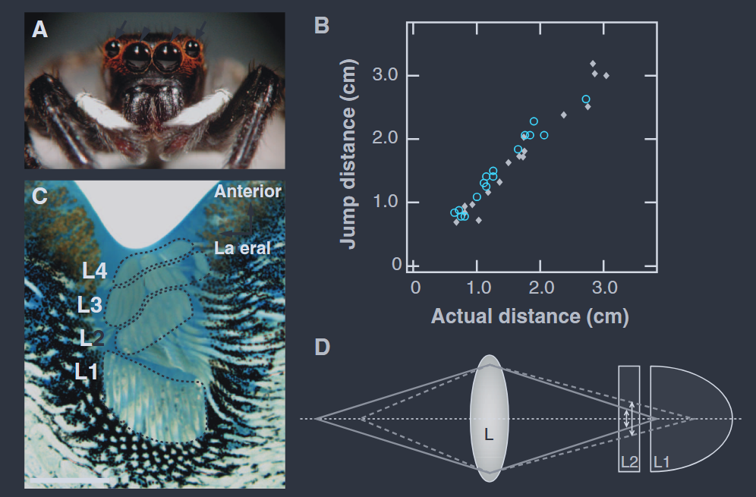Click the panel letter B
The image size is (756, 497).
tap(322, 25)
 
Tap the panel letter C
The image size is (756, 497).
tap(39, 196)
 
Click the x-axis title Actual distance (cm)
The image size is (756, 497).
tap(529, 316)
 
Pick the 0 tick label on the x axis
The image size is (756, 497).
tap(415, 288)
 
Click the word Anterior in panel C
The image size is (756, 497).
tap(247, 192)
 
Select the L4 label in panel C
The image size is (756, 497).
tap(95, 271)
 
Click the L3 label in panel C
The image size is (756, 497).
tap(90, 305)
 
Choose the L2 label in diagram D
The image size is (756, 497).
tap(629, 461)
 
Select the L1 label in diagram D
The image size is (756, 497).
tap(661, 461)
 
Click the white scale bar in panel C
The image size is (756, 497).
tap(68, 480)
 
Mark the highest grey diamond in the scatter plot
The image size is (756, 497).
tap(593, 63)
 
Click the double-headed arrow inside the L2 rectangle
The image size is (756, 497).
tap(630, 419)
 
